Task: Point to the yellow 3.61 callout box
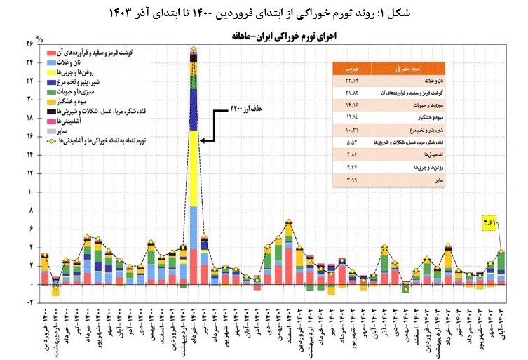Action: tap(490, 223)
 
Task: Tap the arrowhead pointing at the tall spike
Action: tap(203, 140)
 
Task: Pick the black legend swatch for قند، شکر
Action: tap(52, 111)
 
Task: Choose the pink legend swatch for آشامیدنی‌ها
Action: tap(52, 121)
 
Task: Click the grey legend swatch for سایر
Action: tap(52, 131)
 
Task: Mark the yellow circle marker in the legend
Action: tap(52, 140)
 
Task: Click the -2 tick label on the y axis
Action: tap(32, 302)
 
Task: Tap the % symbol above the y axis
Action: tap(40, 39)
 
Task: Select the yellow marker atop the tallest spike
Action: tap(194, 49)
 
